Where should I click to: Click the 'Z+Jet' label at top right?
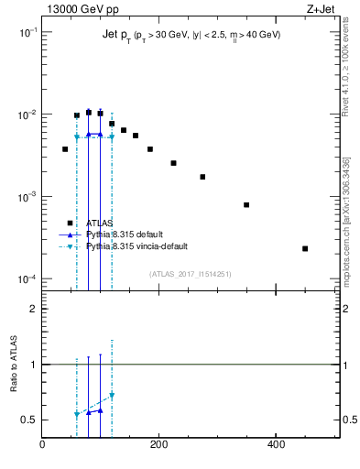click(322, 8)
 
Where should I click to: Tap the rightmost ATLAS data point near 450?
click(305, 248)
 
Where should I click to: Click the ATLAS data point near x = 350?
click(246, 204)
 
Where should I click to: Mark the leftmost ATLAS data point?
click(65, 148)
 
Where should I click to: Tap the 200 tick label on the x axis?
click(159, 445)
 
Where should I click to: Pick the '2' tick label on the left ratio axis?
click(33, 309)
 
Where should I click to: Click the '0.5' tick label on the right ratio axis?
click(350, 420)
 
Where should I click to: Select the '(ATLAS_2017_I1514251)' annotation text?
click(191, 273)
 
